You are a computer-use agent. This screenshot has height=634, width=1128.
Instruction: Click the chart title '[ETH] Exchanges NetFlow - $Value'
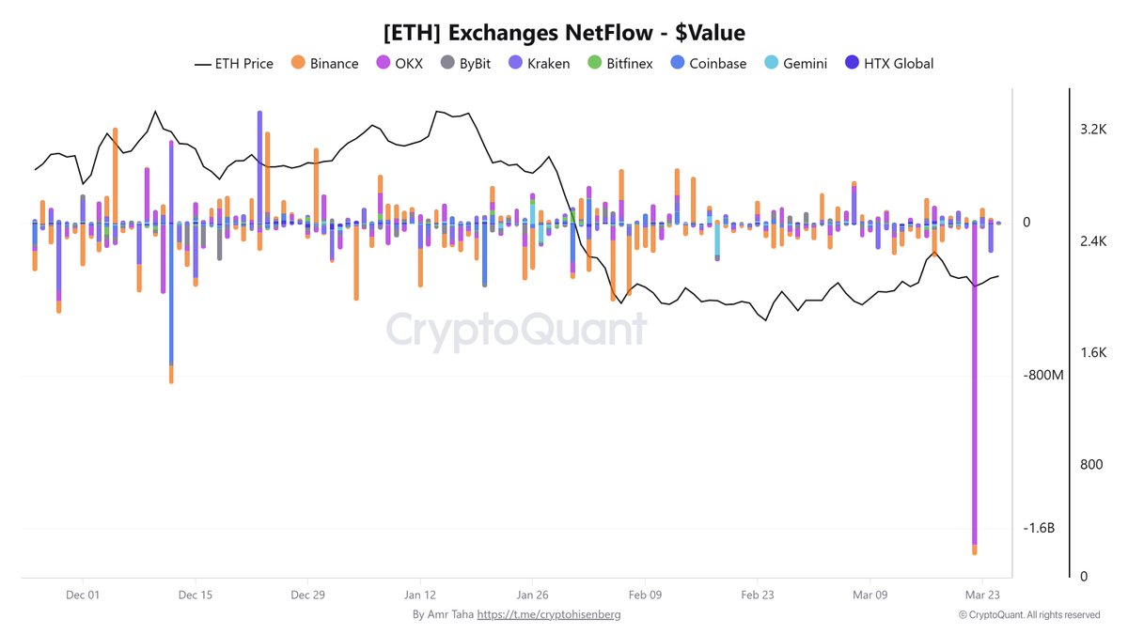pyautogui.click(x=564, y=33)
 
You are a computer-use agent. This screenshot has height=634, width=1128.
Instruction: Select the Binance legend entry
pyautogui.click(x=324, y=64)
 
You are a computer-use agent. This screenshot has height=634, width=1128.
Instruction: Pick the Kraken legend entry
pyautogui.click(x=539, y=64)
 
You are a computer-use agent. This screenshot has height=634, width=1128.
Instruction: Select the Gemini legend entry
pyautogui.click(x=796, y=64)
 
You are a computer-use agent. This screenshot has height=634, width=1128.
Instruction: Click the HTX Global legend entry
pyautogui.click(x=888, y=64)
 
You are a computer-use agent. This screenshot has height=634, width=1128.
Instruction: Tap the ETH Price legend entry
pyautogui.click(x=234, y=64)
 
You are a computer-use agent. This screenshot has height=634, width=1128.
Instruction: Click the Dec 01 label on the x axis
pyautogui.click(x=83, y=595)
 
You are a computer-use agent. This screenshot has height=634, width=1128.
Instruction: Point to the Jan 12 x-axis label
pyautogui.click(x=420, y=595)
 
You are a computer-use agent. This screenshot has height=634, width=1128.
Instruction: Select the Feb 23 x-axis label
pyautogui.click(x=758, y=595)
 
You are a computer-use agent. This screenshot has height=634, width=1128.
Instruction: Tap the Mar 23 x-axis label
pyautogui.click(x=981, y=595)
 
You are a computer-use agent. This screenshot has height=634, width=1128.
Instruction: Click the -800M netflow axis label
pyautogui.click(x=1043, y=376)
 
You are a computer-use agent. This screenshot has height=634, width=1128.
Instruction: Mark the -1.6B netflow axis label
pyautogui.click(x=1040, y=529)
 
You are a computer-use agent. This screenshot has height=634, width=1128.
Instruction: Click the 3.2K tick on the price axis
pyautogui.click(x=1093, y=130)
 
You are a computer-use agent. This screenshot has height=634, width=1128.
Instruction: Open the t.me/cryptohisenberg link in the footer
pyautogui.click(x=549, y=614)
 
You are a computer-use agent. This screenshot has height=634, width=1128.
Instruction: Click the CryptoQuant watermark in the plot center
pyautogui.click(x=517, y=331)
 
